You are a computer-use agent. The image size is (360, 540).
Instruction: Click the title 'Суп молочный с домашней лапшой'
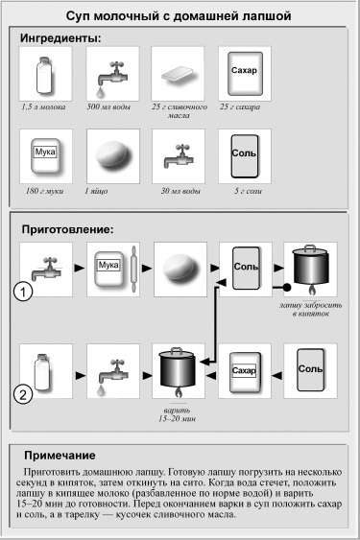point(180,16)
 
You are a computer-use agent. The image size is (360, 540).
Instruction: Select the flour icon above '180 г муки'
point(44,156)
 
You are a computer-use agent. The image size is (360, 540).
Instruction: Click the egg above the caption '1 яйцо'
point(108,157)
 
